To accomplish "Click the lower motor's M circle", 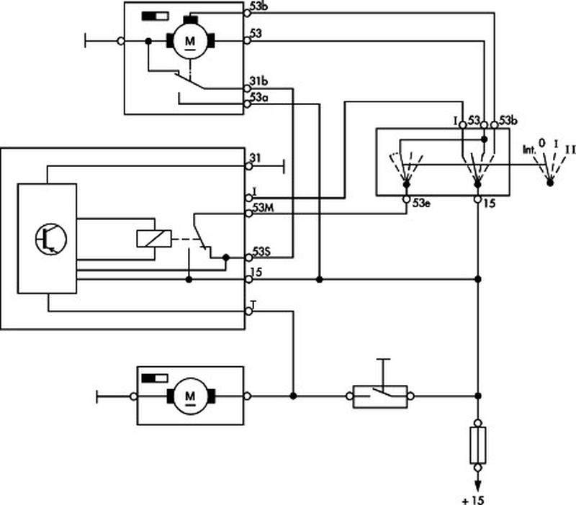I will tap(190, 396).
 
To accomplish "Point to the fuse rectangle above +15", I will tap(477, 444).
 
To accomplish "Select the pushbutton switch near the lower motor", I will tap(380, 395).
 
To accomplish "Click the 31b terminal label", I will tap(261, 81).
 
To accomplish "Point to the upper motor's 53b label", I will tap(261, 6).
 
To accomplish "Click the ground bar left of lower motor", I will tap(96, 396).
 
